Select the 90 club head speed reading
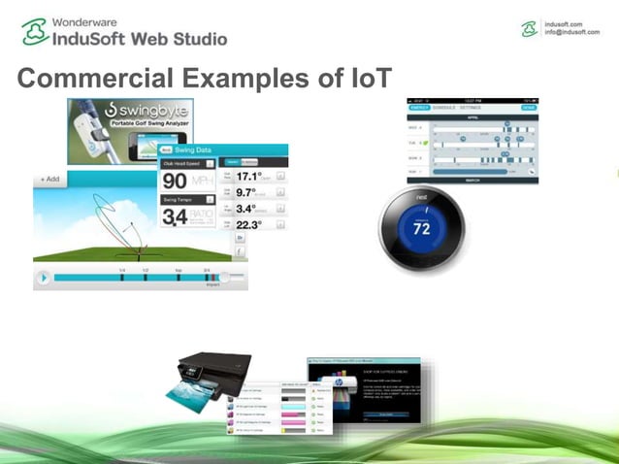pos(176,182)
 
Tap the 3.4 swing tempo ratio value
pos(175,216)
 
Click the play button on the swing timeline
pos(43,278)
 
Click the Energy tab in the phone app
pos(419,109)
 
